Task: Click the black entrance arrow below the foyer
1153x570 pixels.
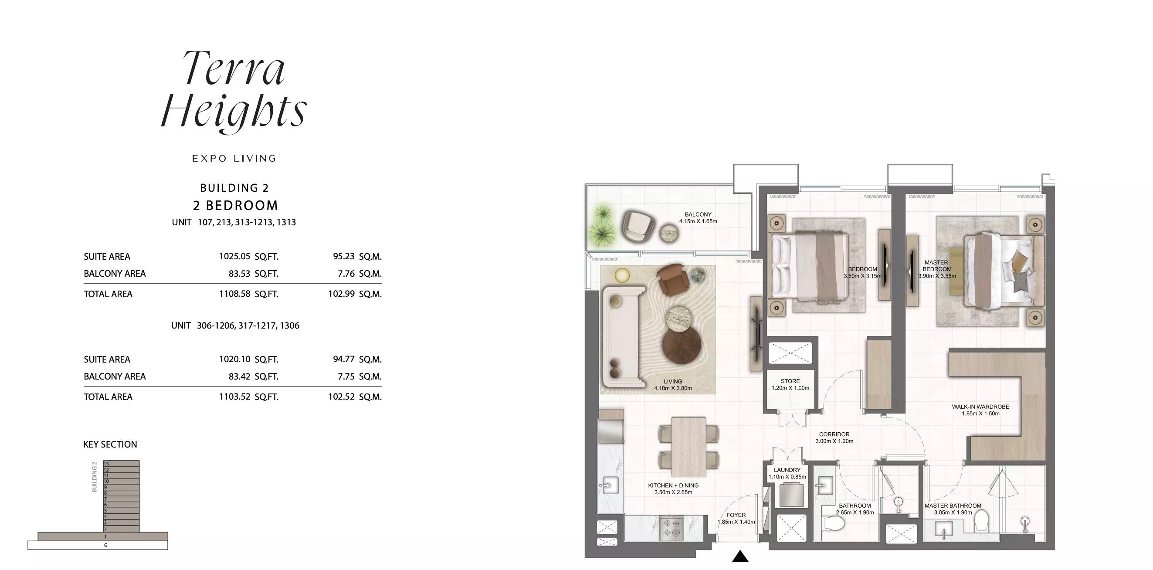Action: (740, 556)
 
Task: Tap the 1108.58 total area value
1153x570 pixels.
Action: (234, 294)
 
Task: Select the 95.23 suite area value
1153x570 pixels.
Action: (344, 257)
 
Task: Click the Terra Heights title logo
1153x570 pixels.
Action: (234, 92)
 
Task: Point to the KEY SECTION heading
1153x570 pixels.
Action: (110, 444)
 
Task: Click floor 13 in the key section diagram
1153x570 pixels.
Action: (121, 463)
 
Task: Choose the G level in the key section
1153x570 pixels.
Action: (98, 545)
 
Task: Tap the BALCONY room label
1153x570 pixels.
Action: (698, 214)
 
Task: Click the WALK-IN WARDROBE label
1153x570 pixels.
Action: (980, 407)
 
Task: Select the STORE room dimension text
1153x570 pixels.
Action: (790, 388)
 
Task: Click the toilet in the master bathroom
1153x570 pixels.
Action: (983, 522)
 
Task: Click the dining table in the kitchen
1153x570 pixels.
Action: (689, 447)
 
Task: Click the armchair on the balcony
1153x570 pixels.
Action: (638, 227)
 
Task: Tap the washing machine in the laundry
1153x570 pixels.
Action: (791, 495)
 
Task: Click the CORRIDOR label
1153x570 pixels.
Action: (834, 434)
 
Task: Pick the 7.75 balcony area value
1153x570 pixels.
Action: (346, 377)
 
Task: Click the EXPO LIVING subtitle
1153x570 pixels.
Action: (234, 159)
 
